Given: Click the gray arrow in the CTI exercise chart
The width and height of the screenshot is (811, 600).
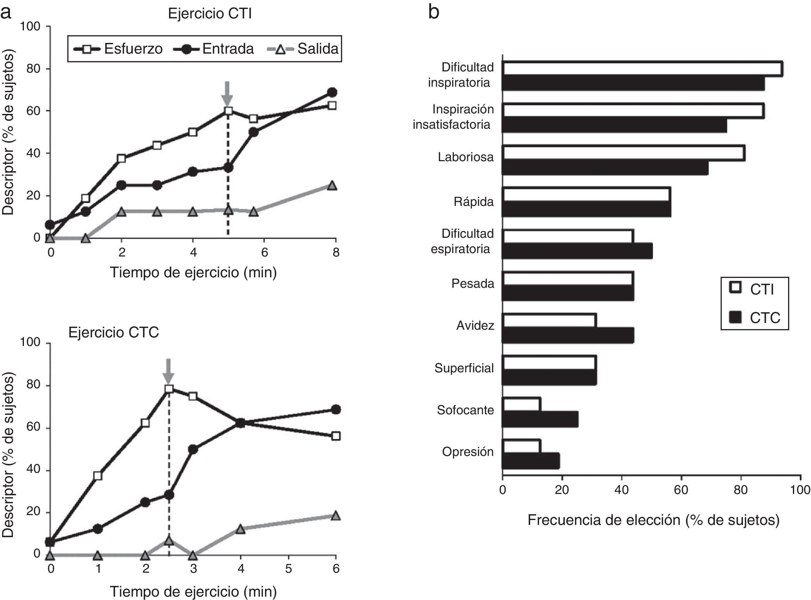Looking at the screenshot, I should (x=227, y=93).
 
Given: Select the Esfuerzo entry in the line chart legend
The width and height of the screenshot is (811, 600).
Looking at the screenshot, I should (x=118, y=49).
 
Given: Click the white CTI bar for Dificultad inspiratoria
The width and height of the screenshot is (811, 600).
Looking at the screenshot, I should (x=642, y=69).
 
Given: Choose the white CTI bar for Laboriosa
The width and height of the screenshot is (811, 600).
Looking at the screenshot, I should (x=624, y=153).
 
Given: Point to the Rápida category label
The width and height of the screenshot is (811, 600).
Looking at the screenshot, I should (x=473, y=202).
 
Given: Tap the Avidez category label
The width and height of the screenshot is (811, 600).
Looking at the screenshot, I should (x=475, y=325).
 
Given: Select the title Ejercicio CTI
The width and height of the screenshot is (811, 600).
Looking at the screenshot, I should (x=210, y=14).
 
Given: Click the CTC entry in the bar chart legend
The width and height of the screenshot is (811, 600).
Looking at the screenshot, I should (x=755, y=318).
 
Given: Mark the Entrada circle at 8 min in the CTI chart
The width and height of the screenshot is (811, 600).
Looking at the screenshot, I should (x=332, y=92).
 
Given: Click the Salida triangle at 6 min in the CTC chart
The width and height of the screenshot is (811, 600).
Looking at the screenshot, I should (x=336, y=516).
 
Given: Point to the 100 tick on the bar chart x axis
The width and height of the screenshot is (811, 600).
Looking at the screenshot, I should (x=800, y=490).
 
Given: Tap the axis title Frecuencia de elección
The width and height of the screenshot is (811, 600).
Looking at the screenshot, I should (x=653, y=520).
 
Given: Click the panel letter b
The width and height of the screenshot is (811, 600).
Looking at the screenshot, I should (x=434, y=12).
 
